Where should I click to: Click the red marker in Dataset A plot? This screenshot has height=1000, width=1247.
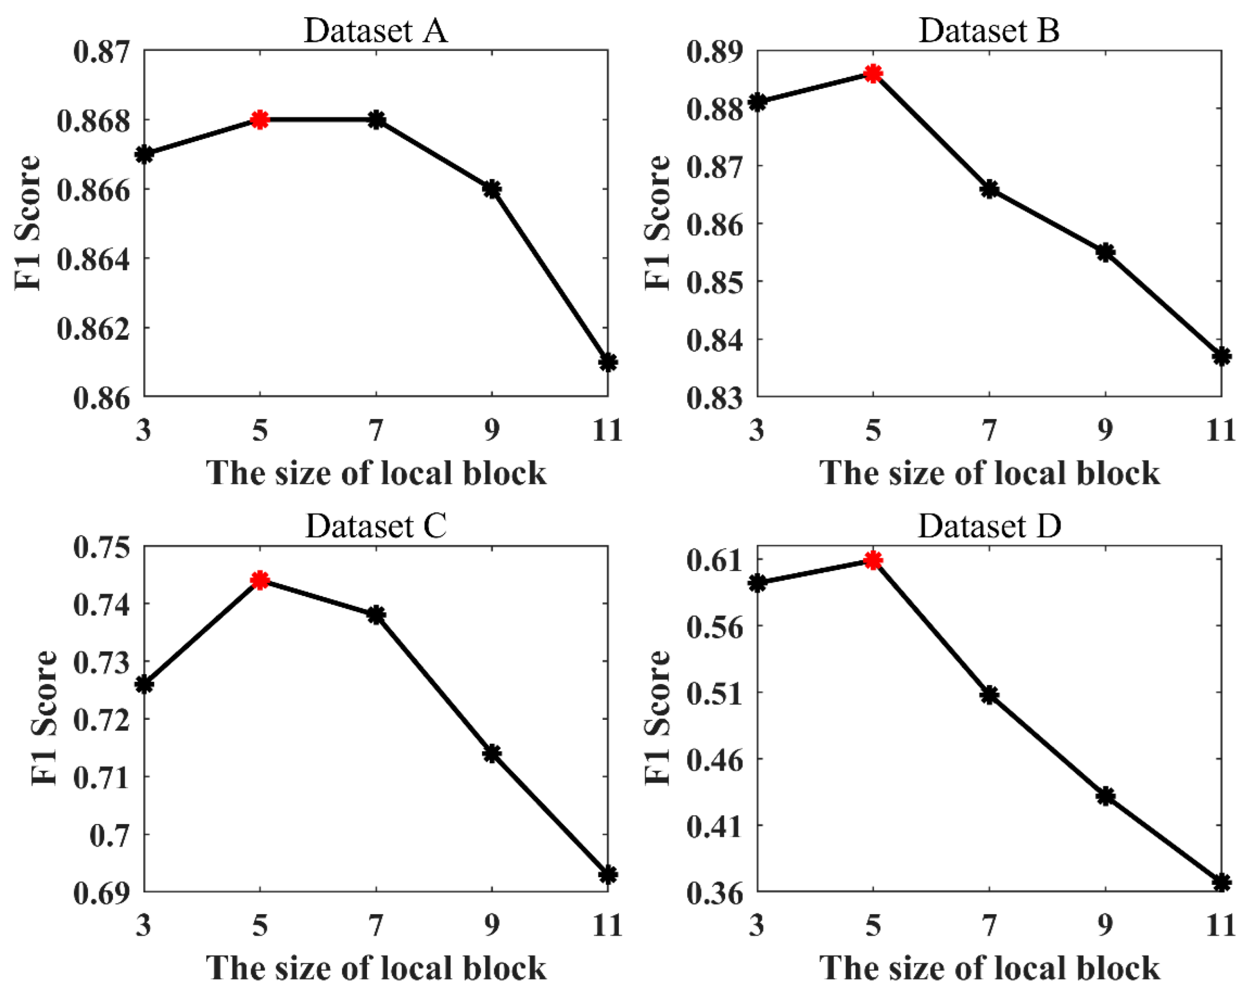[260, 120]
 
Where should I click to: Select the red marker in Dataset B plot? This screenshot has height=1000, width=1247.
[874, 73]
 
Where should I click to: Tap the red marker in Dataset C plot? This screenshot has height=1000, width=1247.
[260, 580]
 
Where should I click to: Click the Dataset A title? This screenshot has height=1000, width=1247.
[375, 31]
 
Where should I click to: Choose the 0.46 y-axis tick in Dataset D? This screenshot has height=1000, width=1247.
[714, 759]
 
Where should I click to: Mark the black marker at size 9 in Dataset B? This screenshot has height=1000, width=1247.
[1105, 253]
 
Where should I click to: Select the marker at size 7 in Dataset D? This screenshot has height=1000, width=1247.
[990, 694]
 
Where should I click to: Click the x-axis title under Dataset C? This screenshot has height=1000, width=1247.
[375, 968]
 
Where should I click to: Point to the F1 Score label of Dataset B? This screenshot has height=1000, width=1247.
[658, 223]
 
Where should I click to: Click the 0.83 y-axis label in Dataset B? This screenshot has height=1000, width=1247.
[714, 398]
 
